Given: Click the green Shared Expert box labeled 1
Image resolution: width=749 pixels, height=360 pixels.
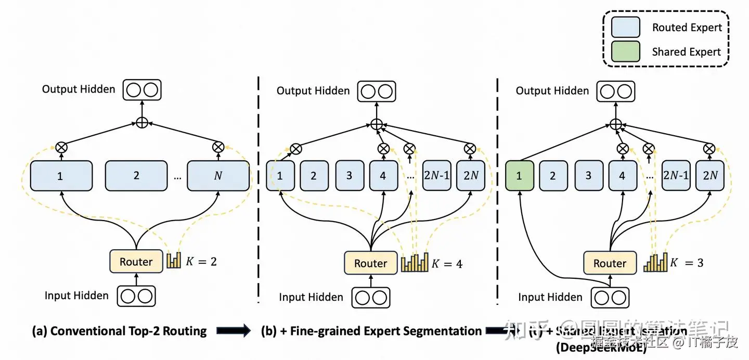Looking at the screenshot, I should click(519, 176).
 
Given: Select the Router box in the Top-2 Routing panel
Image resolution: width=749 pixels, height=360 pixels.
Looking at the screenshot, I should click(136, 261).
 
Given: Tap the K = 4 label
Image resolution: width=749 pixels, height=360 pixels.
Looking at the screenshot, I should click(447, 263).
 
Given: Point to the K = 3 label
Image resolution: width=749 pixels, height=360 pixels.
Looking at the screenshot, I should click(687, 263).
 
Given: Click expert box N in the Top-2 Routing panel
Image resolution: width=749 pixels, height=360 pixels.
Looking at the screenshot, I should click(218, 175).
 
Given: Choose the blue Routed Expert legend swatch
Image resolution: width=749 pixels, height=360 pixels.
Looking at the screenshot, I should click(625, 28).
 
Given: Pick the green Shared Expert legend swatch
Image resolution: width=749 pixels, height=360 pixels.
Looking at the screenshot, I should click(625, 52).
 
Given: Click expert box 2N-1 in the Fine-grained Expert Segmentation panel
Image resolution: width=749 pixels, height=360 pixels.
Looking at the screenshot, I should click(436, 175).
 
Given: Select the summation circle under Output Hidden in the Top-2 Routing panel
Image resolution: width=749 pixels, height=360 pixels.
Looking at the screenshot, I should click(142, 123).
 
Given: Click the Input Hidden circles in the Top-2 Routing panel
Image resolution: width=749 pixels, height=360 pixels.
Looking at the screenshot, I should click(137, 295).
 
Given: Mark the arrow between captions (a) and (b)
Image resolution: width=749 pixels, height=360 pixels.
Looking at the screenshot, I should click(233, 331).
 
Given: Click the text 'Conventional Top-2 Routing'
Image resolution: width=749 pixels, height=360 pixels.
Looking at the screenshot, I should click(128, 331).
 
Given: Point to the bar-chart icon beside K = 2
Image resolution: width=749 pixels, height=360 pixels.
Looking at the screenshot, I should click(173, 260).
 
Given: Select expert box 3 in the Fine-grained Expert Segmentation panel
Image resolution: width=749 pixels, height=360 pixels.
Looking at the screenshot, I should click(349, 175).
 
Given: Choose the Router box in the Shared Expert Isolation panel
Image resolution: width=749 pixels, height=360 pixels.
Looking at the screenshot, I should click(610, 263).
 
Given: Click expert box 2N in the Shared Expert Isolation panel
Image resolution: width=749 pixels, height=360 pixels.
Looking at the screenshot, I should click(710, 176).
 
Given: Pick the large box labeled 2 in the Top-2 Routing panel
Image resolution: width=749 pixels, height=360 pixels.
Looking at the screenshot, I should click(136, 175).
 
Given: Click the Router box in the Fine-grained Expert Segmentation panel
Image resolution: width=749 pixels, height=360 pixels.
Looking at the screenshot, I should click(370, 263).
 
